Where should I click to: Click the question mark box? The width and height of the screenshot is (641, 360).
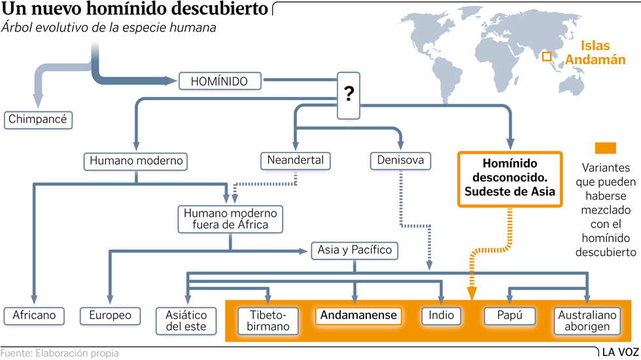(x=349, y=96)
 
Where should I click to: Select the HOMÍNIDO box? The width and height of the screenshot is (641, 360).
(x=219, y=81)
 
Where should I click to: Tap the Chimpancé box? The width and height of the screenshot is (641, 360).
(x=39, y=120)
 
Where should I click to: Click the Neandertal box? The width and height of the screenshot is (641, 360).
(x=295, y=160)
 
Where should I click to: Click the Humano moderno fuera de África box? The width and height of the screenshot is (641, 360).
(x=230, y=219)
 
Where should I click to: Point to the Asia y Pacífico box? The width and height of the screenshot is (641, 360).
(x=355, y=250)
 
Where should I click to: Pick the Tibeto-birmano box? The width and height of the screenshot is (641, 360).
(x=268, y=321)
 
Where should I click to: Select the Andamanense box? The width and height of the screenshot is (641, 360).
(x=358, y=315)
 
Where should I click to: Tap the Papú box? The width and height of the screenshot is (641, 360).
(x=510, y=315)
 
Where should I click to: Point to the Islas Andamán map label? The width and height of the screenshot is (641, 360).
(x=595, y=52)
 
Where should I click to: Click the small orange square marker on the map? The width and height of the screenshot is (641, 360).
(x=547, y=57)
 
